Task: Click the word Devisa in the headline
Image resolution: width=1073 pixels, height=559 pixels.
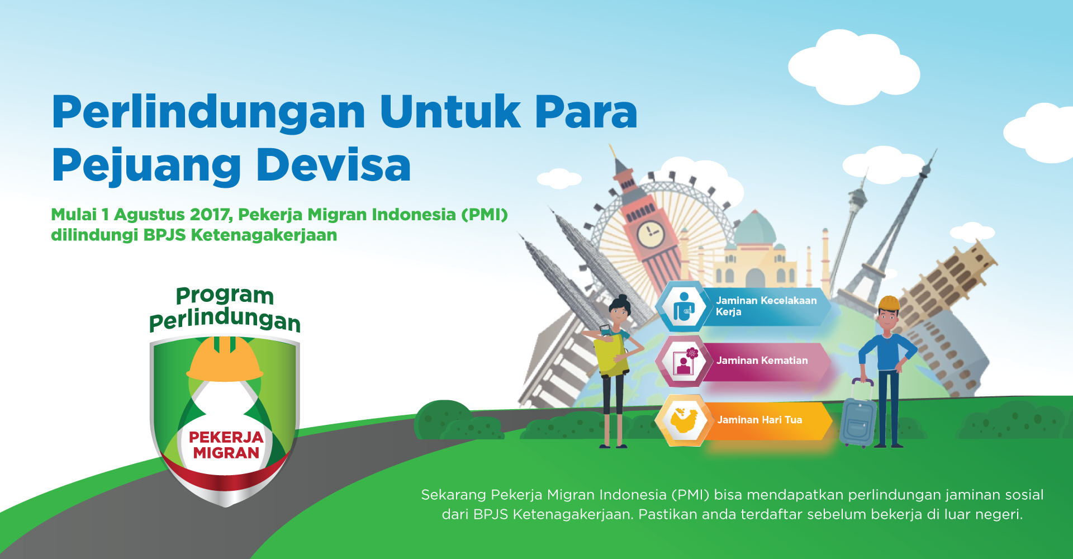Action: (x=334, y=165)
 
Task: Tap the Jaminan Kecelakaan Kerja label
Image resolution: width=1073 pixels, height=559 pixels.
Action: (x=766, y=306)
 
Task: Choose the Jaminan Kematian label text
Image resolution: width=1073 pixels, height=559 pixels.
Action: (x=762, y=361)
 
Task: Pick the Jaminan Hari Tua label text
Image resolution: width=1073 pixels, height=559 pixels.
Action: (x=759, y=420)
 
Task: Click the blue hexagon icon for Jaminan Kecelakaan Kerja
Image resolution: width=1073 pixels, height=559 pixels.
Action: (x=683, y=306)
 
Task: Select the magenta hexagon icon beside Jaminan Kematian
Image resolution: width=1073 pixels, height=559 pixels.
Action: (x=683, y=361)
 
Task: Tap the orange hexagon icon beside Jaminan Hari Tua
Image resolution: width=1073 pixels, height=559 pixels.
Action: (x=683, y=420)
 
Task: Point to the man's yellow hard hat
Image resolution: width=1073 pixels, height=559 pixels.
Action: (x=889, y=304)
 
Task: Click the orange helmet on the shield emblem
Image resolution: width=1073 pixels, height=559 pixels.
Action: (x=225, y=359)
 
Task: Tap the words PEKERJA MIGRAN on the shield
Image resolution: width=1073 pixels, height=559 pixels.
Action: (x=226, y=445)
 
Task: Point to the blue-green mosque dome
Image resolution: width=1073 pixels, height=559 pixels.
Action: (x=755, y=228)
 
